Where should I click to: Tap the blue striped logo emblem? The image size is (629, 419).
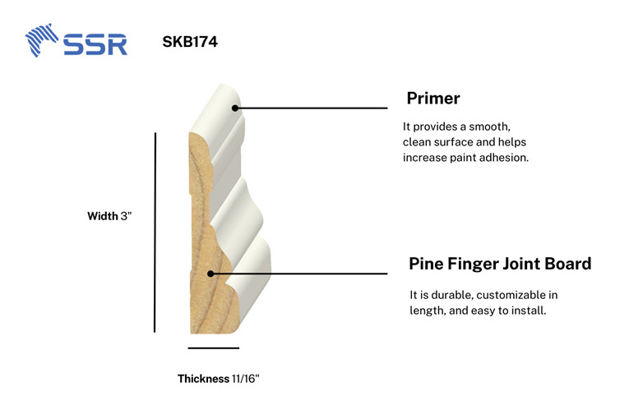point(42,40)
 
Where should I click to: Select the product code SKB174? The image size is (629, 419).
point(190,41)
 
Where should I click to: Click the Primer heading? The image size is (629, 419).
point(432,99)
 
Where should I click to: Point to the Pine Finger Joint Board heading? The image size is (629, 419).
point(500,265)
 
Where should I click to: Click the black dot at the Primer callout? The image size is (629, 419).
point(235,108)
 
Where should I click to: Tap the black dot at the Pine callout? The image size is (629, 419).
point(210,274)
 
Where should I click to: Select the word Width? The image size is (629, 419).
point(103,217)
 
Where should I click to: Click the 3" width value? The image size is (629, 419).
point(126,217)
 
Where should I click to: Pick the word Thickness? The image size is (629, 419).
point(203,379)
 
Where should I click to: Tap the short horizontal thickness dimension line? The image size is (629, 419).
point(213,348)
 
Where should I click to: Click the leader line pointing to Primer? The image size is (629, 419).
point(312,108)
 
